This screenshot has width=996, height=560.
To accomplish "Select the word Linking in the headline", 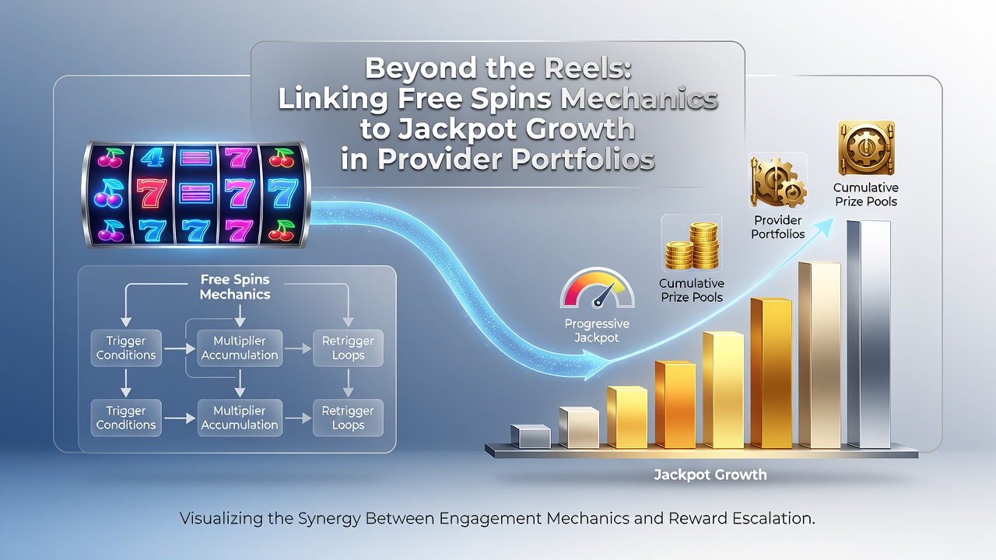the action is [333, 98].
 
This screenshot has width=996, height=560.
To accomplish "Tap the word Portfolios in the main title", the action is [583, 159].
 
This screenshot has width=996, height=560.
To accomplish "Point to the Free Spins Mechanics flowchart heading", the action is [235, 287].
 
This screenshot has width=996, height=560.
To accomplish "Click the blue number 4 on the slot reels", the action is [153, 157].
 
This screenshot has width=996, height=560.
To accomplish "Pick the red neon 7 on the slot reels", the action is [152, 194].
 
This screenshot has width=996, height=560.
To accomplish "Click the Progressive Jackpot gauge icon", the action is [597, 288].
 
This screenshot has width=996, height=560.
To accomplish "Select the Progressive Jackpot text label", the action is [597, 331].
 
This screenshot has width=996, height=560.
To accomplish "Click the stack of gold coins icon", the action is [692, 246].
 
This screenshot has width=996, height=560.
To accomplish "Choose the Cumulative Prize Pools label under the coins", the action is [692, 290].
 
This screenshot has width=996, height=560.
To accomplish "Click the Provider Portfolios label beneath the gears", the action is [777, 226].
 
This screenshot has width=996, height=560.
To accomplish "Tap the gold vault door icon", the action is [866, 148].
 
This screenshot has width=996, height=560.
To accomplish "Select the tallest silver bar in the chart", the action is [868, 334].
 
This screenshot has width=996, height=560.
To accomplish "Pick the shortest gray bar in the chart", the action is [531, 436].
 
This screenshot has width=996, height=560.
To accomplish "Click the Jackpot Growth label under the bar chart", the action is [710, 475].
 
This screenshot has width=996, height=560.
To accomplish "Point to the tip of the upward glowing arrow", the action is [833, 219].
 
